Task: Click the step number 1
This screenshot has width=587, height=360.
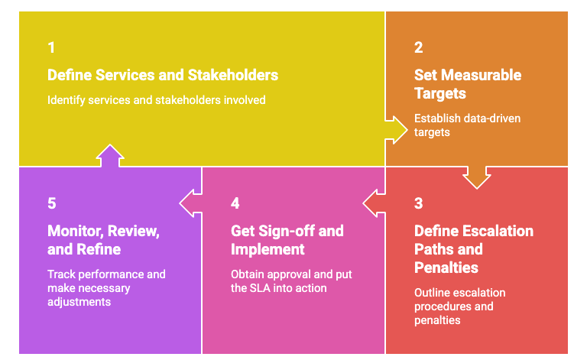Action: point(51,47)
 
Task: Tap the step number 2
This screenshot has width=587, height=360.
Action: point(418,47)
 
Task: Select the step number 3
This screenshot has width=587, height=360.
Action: point(418,203)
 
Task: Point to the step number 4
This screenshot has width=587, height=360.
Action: point(235,203)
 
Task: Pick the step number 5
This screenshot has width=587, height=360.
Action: point(51,203)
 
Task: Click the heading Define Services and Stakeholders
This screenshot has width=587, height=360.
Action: point(162,75)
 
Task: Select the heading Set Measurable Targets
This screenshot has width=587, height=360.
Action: point(467,84)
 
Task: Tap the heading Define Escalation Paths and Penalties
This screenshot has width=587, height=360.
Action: point(473,249)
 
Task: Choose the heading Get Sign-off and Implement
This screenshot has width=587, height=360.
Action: point(287,240)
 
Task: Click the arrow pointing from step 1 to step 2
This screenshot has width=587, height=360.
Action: point(396,128)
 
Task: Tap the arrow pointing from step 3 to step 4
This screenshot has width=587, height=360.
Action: point(375,203)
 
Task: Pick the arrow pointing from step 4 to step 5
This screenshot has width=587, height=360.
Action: point(191,203)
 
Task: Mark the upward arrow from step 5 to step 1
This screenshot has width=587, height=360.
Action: point(110,155)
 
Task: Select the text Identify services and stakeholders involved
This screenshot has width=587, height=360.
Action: point(156,100)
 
